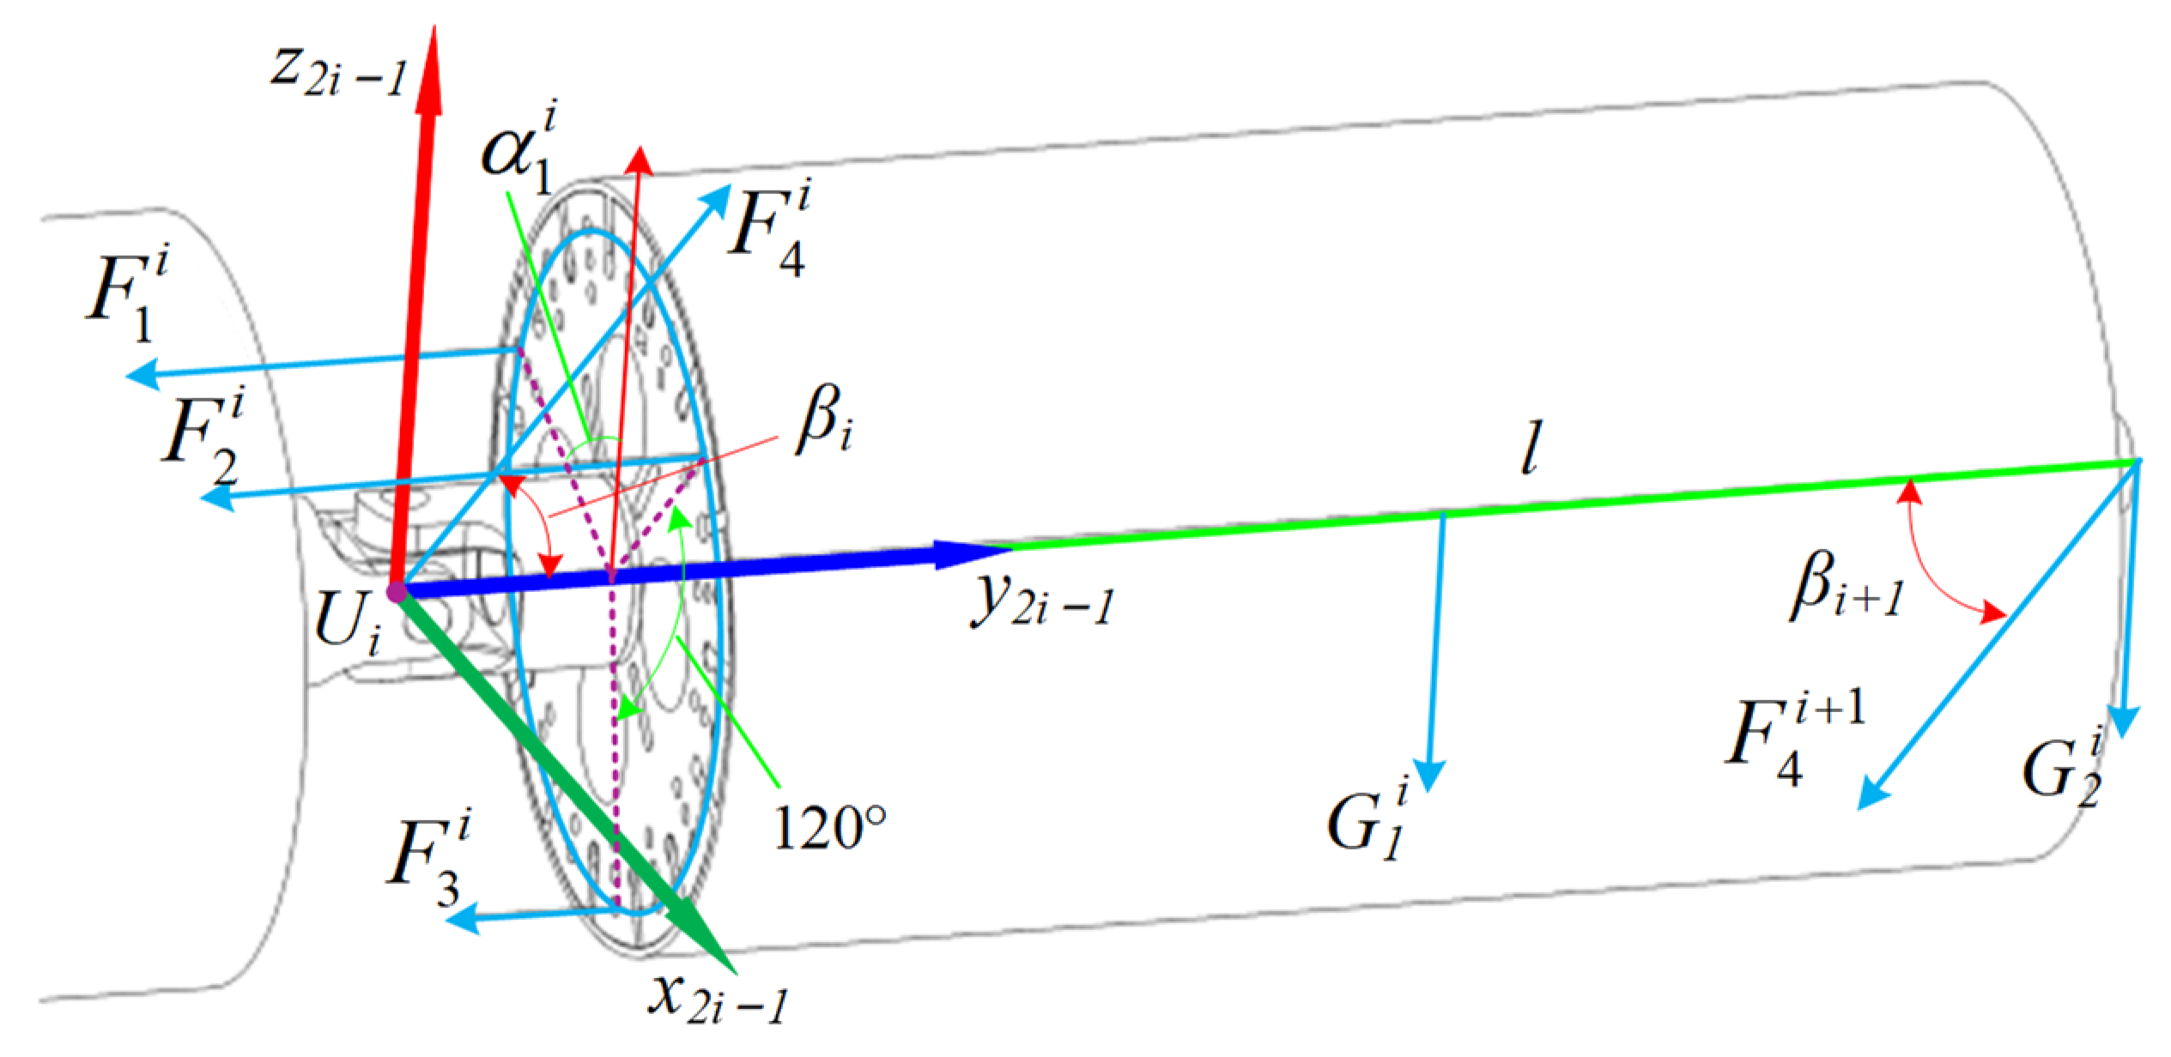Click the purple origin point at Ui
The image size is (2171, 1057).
click(396, 591)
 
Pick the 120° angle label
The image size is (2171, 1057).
click(828, 827)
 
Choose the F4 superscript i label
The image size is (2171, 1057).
click(768, 232)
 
